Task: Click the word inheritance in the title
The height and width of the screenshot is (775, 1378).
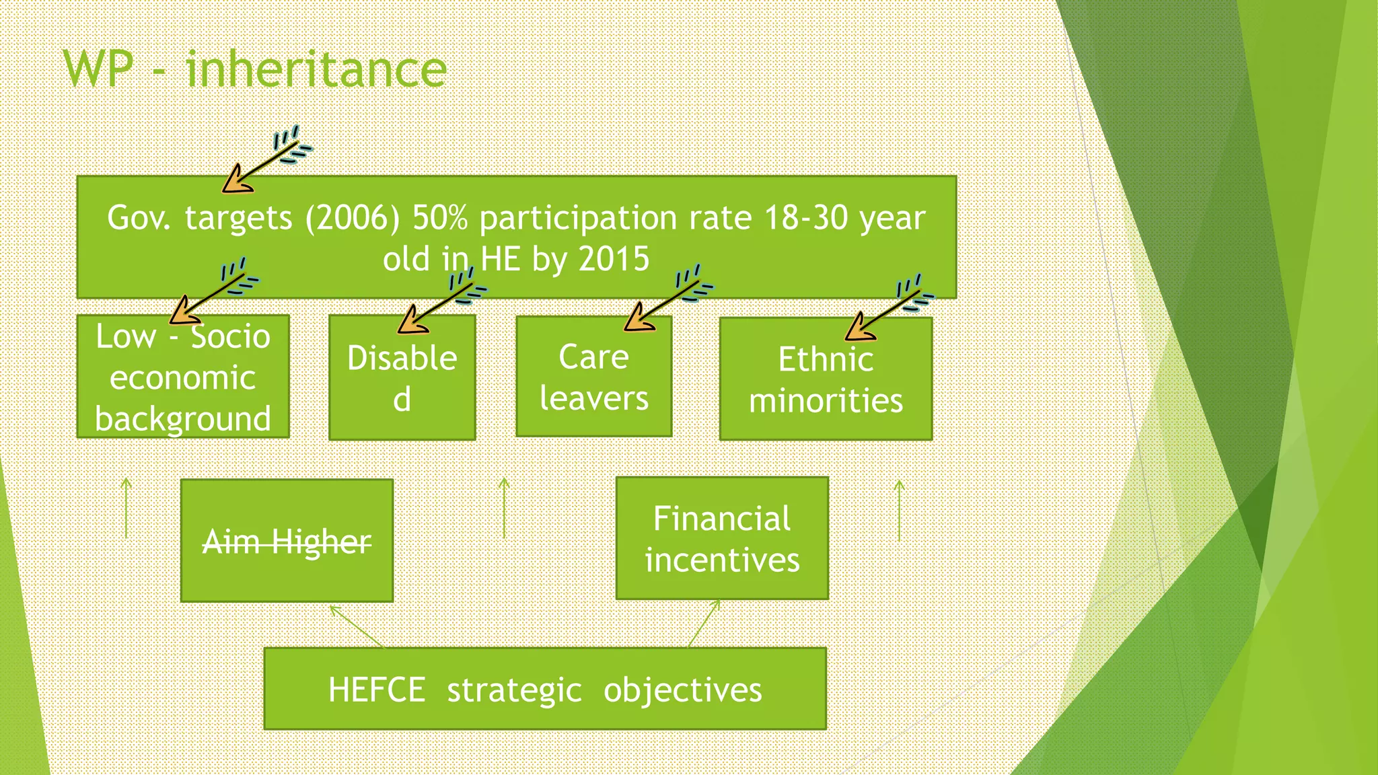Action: pyautogui.click(x=316, y=69)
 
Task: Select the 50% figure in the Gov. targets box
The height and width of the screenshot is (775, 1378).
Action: pyautogui.click(x=439, y=218)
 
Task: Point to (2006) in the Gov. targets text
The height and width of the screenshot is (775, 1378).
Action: pyautogui.click(x=352, y=218)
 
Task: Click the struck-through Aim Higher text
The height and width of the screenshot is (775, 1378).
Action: pyautogui.click(x=287, y=542)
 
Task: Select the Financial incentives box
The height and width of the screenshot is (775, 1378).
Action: pyautogui.click(x=722, y=539)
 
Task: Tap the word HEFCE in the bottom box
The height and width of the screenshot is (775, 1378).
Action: pyautogui.click(x=377, y=690)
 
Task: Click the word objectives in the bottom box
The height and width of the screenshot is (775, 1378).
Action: pyautogui.click(x=682, y=690)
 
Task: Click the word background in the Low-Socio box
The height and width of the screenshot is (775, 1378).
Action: pyautogui.click(x=183, y=419)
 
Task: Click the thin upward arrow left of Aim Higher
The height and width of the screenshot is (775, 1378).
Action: pyautogui.click(x=126, y=508)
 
